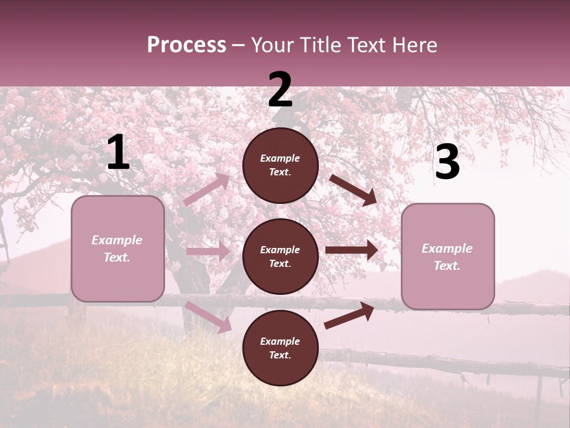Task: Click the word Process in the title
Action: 186,45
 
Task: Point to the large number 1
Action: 118,153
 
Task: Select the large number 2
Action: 280,90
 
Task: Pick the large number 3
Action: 447,162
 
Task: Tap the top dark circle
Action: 280,165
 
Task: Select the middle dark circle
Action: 280,257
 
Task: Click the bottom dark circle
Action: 280,348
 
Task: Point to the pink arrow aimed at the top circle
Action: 207,189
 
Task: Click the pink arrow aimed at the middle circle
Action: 208,251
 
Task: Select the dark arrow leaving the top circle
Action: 353,190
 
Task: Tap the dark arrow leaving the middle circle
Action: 351,250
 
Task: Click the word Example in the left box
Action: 117,240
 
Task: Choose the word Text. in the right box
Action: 447,266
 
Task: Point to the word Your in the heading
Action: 274,45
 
